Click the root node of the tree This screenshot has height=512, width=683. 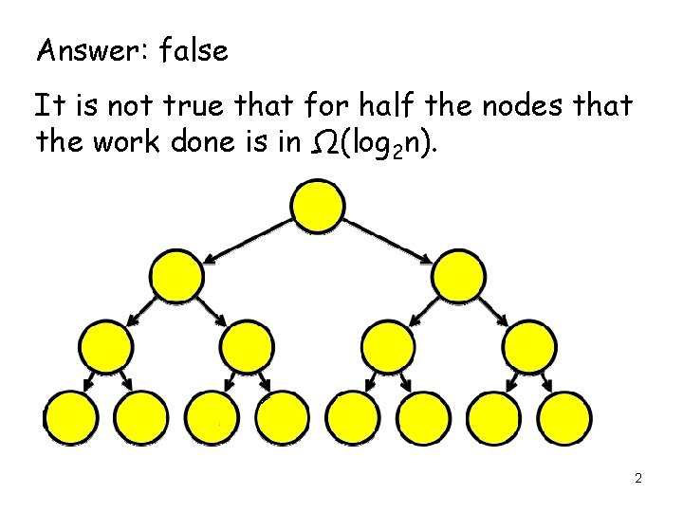coord(318,206)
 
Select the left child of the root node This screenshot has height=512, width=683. coord(177,275)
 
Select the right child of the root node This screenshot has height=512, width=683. coord(458,275)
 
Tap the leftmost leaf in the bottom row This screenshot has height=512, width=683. coord(70,416)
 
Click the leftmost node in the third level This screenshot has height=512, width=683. coord(106,346)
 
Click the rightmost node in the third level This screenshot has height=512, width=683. coord(529,346)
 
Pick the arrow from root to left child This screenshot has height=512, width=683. coord(248,240)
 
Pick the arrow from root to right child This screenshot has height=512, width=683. coord(388,240)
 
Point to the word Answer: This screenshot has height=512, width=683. coord(83,50)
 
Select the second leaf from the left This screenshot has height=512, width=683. coord(141,416)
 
